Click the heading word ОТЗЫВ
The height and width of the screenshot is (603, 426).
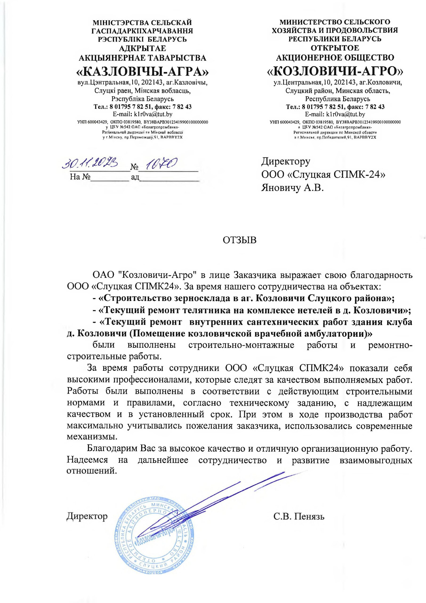tap(239, 240)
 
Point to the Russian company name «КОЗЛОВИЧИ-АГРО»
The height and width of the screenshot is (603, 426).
tap(335, 70)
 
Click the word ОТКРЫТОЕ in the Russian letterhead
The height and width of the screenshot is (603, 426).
tap(335, 48)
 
